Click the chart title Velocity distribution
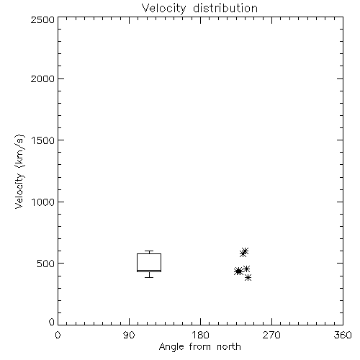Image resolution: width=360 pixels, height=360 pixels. (199, 9)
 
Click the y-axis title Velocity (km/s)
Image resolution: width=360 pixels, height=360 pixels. (19, 171)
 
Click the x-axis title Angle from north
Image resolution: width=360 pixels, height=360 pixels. (199, 347)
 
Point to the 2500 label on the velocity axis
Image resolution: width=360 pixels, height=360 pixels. (42, 19)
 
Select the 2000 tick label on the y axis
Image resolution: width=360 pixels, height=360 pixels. (42, 79)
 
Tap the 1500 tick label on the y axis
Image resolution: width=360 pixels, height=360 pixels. (43, 140)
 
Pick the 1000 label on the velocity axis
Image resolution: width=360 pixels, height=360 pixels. (43, 202)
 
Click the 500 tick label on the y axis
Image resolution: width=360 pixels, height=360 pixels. (46, 264)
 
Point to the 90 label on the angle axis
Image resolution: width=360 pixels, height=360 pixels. (129, 335)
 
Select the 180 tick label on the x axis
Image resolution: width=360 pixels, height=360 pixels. (200, 335)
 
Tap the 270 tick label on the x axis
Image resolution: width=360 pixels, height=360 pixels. (271, 335)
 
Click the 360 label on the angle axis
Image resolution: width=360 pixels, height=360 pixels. (343, 335)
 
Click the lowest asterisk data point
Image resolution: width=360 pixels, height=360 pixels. (248, 278)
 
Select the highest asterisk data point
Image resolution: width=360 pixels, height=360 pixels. (245, 251)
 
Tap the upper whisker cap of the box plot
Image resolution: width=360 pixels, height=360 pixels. (149, 251)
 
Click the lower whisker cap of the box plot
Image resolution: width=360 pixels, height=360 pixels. (149, 277)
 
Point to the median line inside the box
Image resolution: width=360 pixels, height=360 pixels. (149, 270)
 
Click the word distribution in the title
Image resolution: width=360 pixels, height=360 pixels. (225, 8)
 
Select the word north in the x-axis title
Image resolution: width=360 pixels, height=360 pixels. (229, 347)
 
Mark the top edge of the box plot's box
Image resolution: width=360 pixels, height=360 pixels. (149, 253)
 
